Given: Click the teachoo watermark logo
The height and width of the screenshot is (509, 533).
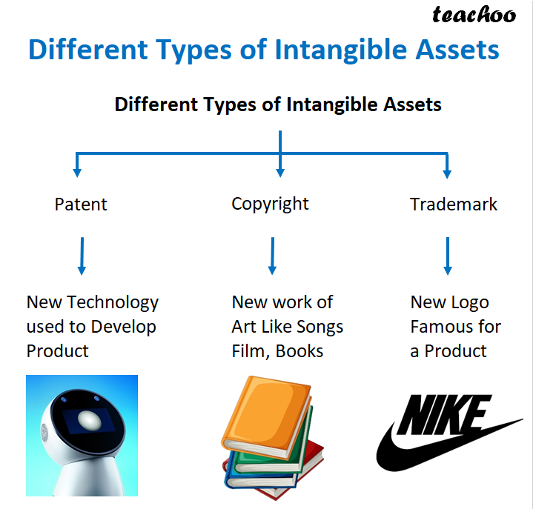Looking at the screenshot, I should [474, 14].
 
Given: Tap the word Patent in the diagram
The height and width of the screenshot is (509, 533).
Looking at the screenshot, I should [81, 204].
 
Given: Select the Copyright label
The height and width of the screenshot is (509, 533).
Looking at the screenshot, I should [270, 204].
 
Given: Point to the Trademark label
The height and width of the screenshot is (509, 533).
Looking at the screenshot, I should [454, 204].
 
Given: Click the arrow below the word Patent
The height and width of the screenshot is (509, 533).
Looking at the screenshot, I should [82, 256].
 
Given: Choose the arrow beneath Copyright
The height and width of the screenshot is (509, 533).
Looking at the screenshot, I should [273, 256].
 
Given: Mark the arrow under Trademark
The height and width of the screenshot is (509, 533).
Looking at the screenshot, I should [447, 256].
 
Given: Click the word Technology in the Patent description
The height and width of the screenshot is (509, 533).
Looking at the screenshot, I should [113, 302].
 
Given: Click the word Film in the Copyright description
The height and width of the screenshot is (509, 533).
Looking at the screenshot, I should [249, 351].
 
